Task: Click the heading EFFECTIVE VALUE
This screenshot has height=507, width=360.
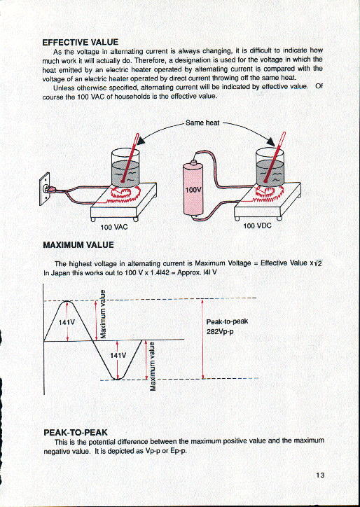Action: tap(81, 41)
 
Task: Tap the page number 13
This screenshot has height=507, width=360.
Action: tap(320, 475)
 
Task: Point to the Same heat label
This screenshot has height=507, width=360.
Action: tap(202, 123)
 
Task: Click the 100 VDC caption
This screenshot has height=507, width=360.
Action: tap(257, 226)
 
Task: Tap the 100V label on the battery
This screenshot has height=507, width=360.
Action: tap(192, 190)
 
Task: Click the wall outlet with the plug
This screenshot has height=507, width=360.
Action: tap(48, 187)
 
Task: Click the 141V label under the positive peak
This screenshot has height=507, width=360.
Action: tap(66, 322)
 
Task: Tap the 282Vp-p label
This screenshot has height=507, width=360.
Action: tap(222, 331)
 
